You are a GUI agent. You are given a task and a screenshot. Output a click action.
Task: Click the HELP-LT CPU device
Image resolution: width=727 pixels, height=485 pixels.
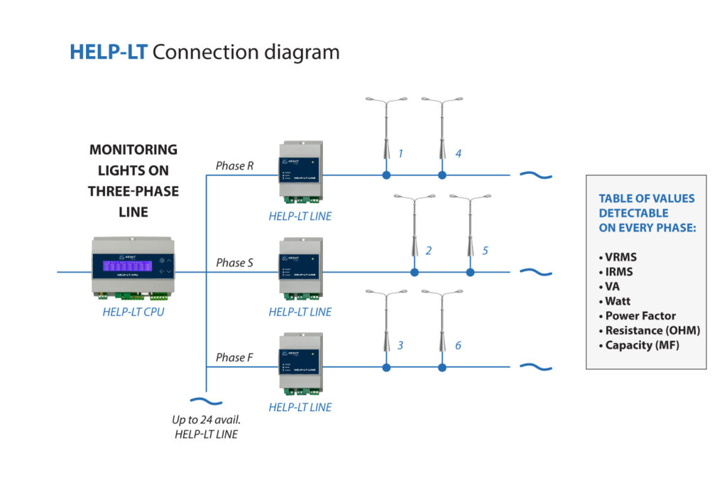point(133,267)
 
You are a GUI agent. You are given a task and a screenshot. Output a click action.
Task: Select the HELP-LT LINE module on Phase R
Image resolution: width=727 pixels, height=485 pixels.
point(300,173)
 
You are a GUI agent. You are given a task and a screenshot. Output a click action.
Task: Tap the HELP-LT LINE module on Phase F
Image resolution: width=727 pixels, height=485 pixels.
point(300,365)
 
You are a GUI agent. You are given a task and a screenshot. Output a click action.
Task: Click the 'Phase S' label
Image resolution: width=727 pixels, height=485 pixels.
point(234,263)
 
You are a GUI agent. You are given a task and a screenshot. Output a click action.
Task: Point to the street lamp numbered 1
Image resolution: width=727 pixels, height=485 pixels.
point(386,128)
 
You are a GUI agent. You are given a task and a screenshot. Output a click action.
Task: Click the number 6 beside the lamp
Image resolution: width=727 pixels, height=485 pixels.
point(458,345)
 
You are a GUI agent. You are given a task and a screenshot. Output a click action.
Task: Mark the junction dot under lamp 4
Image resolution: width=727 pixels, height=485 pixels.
point(442,175)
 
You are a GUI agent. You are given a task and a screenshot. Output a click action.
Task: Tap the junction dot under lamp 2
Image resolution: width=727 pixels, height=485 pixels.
point(415,272)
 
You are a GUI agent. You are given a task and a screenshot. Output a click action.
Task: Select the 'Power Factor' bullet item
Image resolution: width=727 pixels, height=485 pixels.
point(640,316)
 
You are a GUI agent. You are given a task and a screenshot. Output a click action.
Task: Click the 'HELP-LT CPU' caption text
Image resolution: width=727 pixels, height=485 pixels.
point(133,312)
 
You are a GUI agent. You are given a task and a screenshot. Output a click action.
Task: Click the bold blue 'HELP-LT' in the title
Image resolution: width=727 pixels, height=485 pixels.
point(108,53)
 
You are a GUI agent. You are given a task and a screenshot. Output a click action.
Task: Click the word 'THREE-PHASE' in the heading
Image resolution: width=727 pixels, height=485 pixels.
point(133,191)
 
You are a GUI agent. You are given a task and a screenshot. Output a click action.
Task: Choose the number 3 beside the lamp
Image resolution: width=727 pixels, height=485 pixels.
point(400,345)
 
